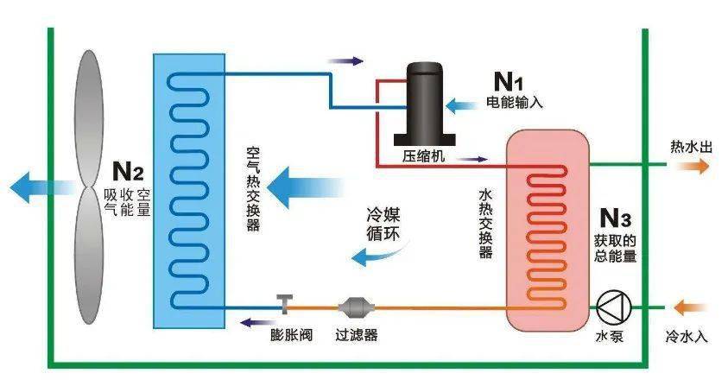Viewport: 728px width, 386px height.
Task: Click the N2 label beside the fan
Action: [128, 168]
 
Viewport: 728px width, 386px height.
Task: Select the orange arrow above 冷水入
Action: [691, 305]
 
